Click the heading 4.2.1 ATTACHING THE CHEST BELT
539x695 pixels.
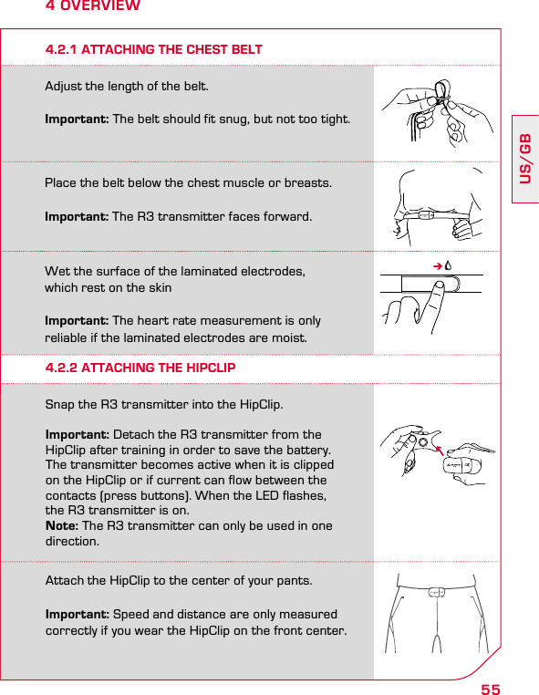pyautogui.click(x=154, y=49)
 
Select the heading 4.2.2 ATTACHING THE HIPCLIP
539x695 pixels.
pyautogui.click(x=140, y=368)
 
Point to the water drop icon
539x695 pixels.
pyautogui.click(x=450, y=265)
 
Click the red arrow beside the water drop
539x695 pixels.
pyautogui.click(x=438, y=265)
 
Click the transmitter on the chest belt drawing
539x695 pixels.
pyautogui.click(x=425, y=217)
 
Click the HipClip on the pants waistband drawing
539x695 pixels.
pyautogui.click(x=437, y=592)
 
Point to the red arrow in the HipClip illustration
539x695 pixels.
pyautogui.click(x=443, y=450)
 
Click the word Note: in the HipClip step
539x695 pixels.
pyautogui.click(x=62, y=526)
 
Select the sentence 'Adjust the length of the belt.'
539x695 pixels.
pyautogui.click(x=127, y=88)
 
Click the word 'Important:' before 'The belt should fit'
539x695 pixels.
pyautogui.click(x=77, y=120)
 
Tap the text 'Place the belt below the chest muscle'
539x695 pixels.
pyautogui.click(x=189, y=183)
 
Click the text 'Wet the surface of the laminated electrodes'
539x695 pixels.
pyautogui.click(x=175, y=273)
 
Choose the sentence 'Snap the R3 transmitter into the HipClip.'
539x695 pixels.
pyautogui.click(x=164, y=403)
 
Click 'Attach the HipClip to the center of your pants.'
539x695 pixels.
pyautogui.click(x=178, y=581)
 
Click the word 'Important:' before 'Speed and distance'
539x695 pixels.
pyautogui.click(x=77, y=615)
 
